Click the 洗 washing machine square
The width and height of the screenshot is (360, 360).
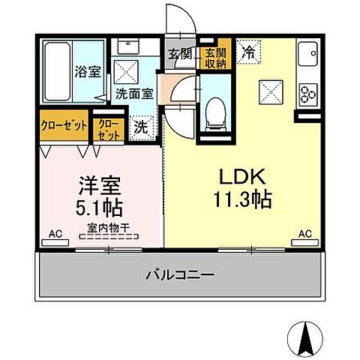coord(140,127)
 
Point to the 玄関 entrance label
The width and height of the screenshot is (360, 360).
coord(178,55)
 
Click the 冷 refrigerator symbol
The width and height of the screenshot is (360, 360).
coord(247,52)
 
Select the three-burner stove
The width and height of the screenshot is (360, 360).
coord(307,93)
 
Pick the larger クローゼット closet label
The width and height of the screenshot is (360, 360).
coord(63,125)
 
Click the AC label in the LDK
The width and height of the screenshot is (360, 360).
coord(304,234)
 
